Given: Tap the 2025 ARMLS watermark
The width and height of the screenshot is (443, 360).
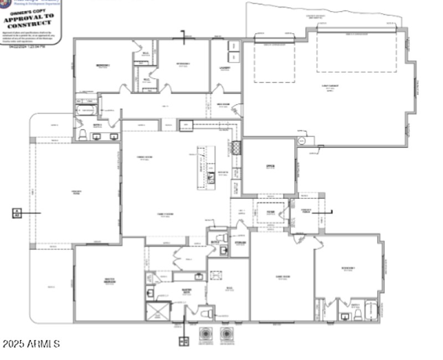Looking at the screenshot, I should tap(31, 344).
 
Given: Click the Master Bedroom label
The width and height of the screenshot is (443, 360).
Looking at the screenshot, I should tap(110, 281).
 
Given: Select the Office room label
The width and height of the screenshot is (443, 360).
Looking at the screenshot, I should tap(270, 167).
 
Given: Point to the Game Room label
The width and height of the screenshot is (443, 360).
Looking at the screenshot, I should tap(282, 277).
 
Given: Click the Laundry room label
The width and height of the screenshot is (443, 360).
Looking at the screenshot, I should tap(224, 68).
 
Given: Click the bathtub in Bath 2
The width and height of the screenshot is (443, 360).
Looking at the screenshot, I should tap(86, 110).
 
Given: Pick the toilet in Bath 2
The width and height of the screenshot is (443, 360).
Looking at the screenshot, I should tap(83, 135).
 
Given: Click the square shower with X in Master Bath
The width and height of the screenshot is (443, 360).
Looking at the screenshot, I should tap(157, 312).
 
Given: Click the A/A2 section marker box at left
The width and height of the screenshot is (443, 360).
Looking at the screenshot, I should tap(17, 213).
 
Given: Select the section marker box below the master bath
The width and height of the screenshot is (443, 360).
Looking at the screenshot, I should tap(183, 341).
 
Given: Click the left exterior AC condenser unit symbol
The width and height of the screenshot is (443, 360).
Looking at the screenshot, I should tap(206, 335).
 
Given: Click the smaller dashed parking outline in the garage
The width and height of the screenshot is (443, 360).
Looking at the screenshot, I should tap(275, 63).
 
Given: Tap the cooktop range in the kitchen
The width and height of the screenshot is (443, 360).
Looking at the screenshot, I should tap(236, 148).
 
